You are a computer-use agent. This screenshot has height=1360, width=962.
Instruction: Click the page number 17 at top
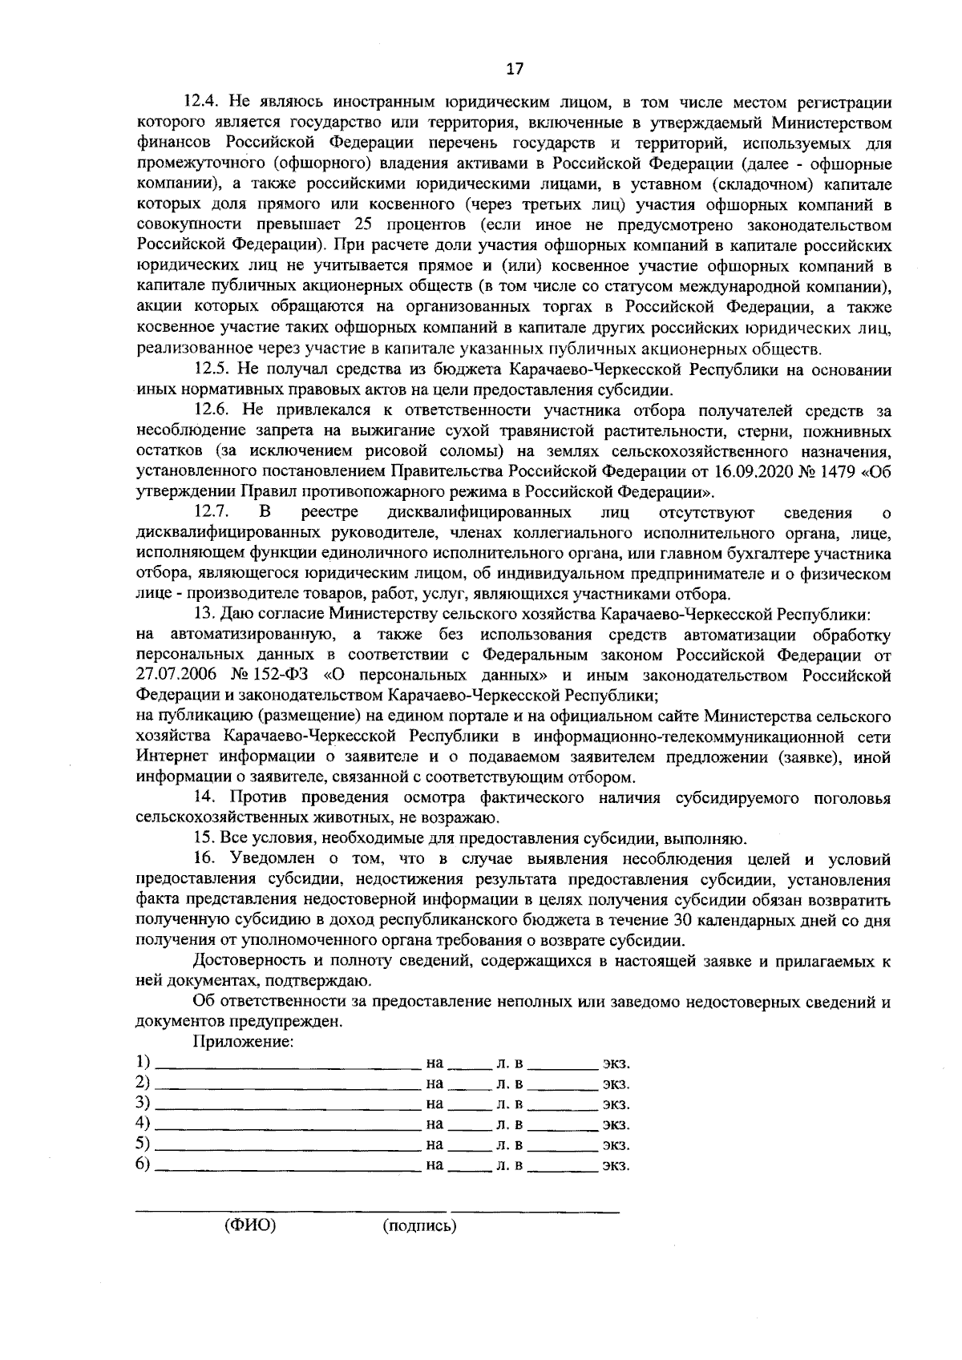point(515,69)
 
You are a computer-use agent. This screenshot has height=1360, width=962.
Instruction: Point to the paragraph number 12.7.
point(211,512)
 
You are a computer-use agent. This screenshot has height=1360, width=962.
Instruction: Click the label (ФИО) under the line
point(249,1226)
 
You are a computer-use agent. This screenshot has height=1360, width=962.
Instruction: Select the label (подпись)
point(419,1226)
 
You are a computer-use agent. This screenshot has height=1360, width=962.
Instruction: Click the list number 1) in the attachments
point(143,1063)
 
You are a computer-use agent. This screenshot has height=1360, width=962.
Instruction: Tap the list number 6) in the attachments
point(143,1164)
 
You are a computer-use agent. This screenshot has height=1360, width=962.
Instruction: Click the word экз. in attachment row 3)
point(616,1104)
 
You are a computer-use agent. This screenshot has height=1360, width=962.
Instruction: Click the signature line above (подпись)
point(535,1209)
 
